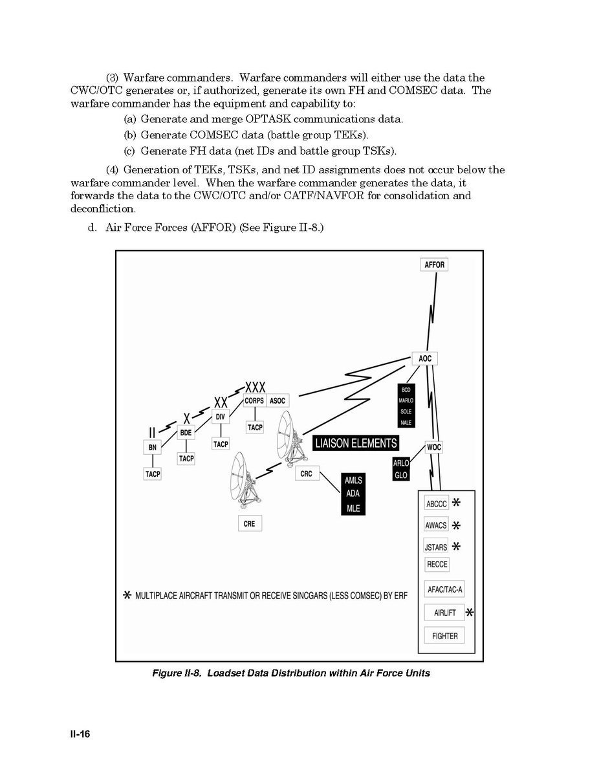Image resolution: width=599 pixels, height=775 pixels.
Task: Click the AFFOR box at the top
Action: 435,265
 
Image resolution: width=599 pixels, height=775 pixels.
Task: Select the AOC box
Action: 425,359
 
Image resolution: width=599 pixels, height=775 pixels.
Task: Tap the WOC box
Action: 434,447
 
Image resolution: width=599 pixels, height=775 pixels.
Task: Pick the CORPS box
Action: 254,401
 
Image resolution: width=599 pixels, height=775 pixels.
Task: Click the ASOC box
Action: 278,401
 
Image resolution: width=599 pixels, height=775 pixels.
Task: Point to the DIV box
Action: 221,417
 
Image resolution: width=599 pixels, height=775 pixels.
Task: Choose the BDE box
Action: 186,432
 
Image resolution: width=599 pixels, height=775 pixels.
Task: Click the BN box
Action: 152,447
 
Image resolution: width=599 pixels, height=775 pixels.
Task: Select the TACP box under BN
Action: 153,474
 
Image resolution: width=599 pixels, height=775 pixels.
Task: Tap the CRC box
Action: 307,474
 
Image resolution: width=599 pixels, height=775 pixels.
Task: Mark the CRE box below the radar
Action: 250,524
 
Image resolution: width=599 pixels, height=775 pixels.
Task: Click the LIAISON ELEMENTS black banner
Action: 355,443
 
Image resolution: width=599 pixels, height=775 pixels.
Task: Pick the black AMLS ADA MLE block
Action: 353,494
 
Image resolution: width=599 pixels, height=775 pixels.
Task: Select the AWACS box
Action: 436,525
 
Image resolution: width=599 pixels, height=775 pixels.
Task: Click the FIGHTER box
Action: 444,636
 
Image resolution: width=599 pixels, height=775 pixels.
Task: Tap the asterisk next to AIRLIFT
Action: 469,612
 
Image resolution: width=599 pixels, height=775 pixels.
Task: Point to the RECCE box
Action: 437,565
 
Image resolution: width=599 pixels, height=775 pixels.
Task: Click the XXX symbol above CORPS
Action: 255,387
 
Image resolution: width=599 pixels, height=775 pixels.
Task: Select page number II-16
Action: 80,734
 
